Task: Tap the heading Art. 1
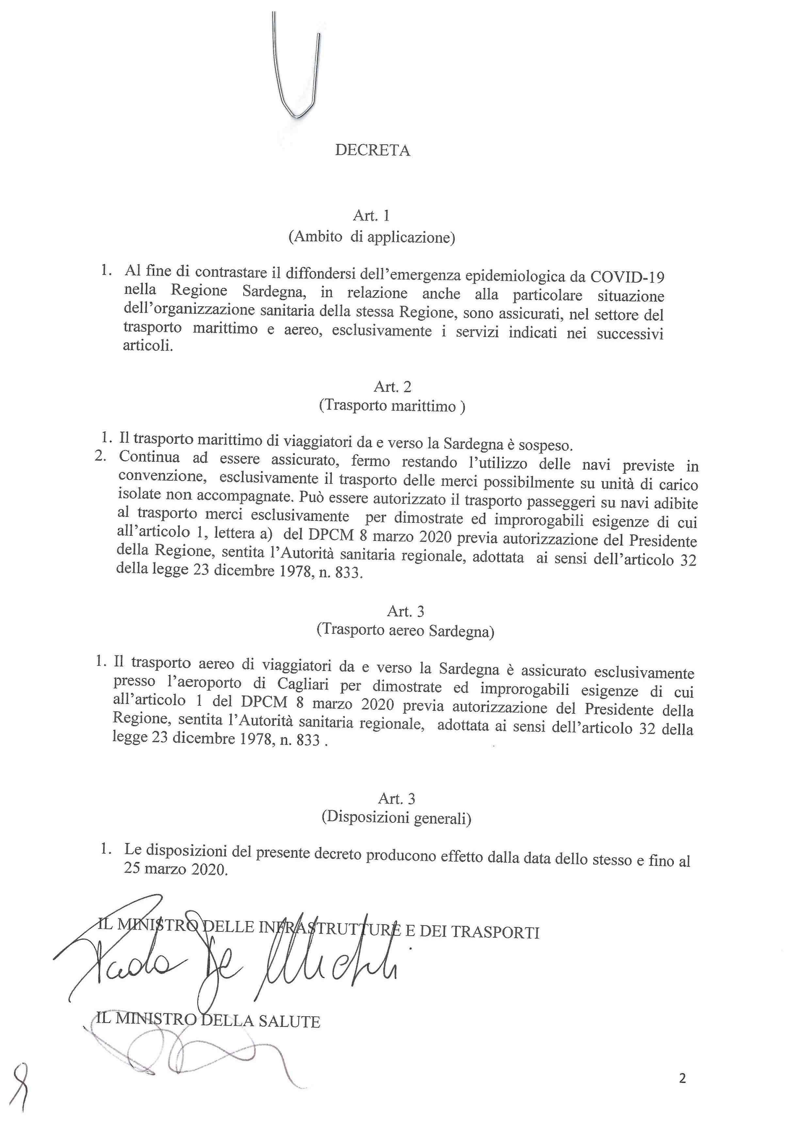[371, 215]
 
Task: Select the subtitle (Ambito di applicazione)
[372, 237]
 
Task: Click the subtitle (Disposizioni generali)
[396, 818]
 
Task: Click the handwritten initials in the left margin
[21, 1087]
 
